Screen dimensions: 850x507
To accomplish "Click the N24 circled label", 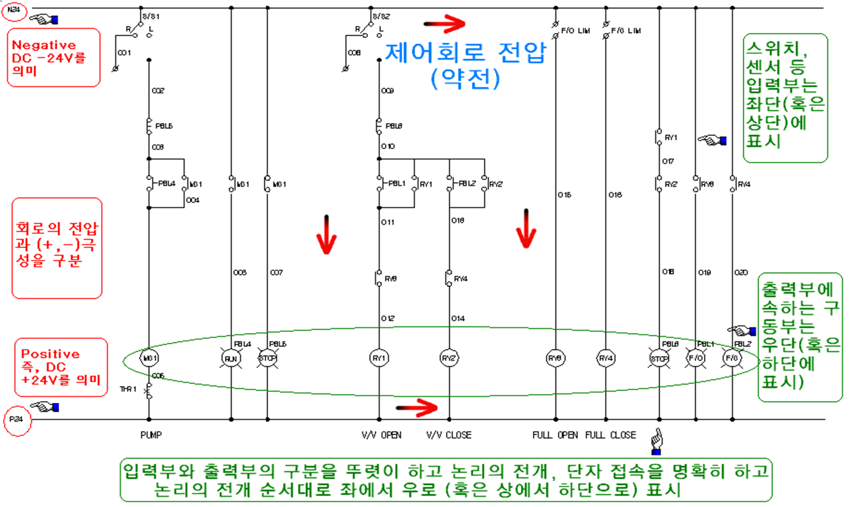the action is click(14, 10).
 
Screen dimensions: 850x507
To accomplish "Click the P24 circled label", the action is click(16, 419).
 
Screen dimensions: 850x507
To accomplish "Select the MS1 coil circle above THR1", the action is click(148, 358).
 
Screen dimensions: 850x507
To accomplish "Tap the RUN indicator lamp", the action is click(231, 358).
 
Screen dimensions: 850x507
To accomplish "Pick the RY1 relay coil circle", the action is click(379, 358).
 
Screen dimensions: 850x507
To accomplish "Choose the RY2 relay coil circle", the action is click(449, 358).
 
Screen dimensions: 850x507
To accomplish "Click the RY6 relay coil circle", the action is click(555, 358).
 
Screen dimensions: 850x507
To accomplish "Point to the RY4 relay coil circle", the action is click(606, 358).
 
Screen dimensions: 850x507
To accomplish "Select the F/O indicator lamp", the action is click(696, 358).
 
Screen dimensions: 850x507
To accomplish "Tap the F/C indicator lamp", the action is click(732, 358).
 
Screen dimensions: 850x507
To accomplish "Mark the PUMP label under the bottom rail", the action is click(151, 435).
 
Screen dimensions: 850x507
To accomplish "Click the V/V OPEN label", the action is click(382, 435).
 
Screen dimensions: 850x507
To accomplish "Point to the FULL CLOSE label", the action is click(610, 435).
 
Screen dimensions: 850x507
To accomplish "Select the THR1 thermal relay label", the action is click(128, 389).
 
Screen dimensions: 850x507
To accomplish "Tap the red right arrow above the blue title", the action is click(445, 24).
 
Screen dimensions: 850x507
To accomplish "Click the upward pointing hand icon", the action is click(656, 441).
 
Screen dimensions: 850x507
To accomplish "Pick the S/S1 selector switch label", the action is click(151, 17).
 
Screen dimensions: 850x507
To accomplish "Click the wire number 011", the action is click(387, 222).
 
